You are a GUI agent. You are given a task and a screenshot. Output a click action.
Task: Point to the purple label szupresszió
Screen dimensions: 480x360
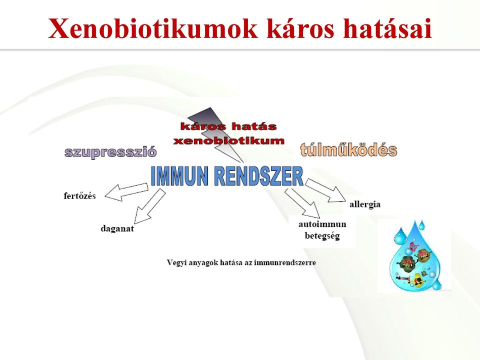click(x=110, y=152)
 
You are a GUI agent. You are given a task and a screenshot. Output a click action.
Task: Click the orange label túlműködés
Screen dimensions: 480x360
click(x=348, y=149)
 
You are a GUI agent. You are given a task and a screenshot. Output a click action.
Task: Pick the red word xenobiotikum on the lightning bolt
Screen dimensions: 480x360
click(x=228, y=141)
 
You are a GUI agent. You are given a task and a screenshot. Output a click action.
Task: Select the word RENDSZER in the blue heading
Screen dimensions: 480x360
click(x=258, y=176)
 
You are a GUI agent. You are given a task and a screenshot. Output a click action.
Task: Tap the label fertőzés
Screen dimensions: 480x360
click(x=79, y=196)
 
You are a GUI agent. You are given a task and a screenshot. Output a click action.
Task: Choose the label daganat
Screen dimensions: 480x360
click(x=117, y=228)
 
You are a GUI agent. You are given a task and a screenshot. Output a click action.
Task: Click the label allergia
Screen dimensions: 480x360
click(x=365, y=204)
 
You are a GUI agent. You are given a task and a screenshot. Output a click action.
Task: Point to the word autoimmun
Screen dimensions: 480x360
click(x=322, y=224)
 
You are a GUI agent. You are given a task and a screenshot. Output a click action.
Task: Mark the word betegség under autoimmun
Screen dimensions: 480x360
click(x=322, y=236)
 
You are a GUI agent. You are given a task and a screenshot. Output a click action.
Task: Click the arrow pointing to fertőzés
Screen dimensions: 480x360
click(x=126, y=192)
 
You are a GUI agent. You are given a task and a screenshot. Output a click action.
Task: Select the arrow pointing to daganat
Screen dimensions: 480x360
click(x=149, y=206)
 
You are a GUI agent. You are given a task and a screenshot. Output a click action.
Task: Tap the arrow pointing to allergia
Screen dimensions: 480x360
click(x=327, y=190)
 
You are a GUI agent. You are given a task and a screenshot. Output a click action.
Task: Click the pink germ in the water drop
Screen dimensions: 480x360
click(x=414, y=246)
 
